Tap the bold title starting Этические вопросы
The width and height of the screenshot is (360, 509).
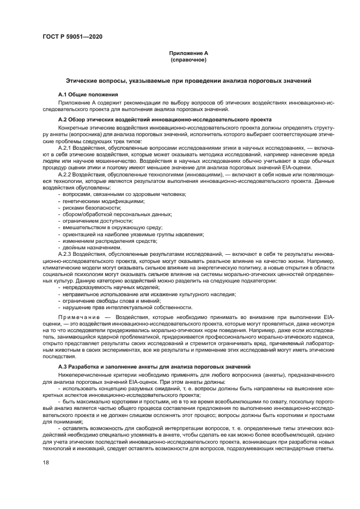188,81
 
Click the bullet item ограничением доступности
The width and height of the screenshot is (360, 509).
99,221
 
